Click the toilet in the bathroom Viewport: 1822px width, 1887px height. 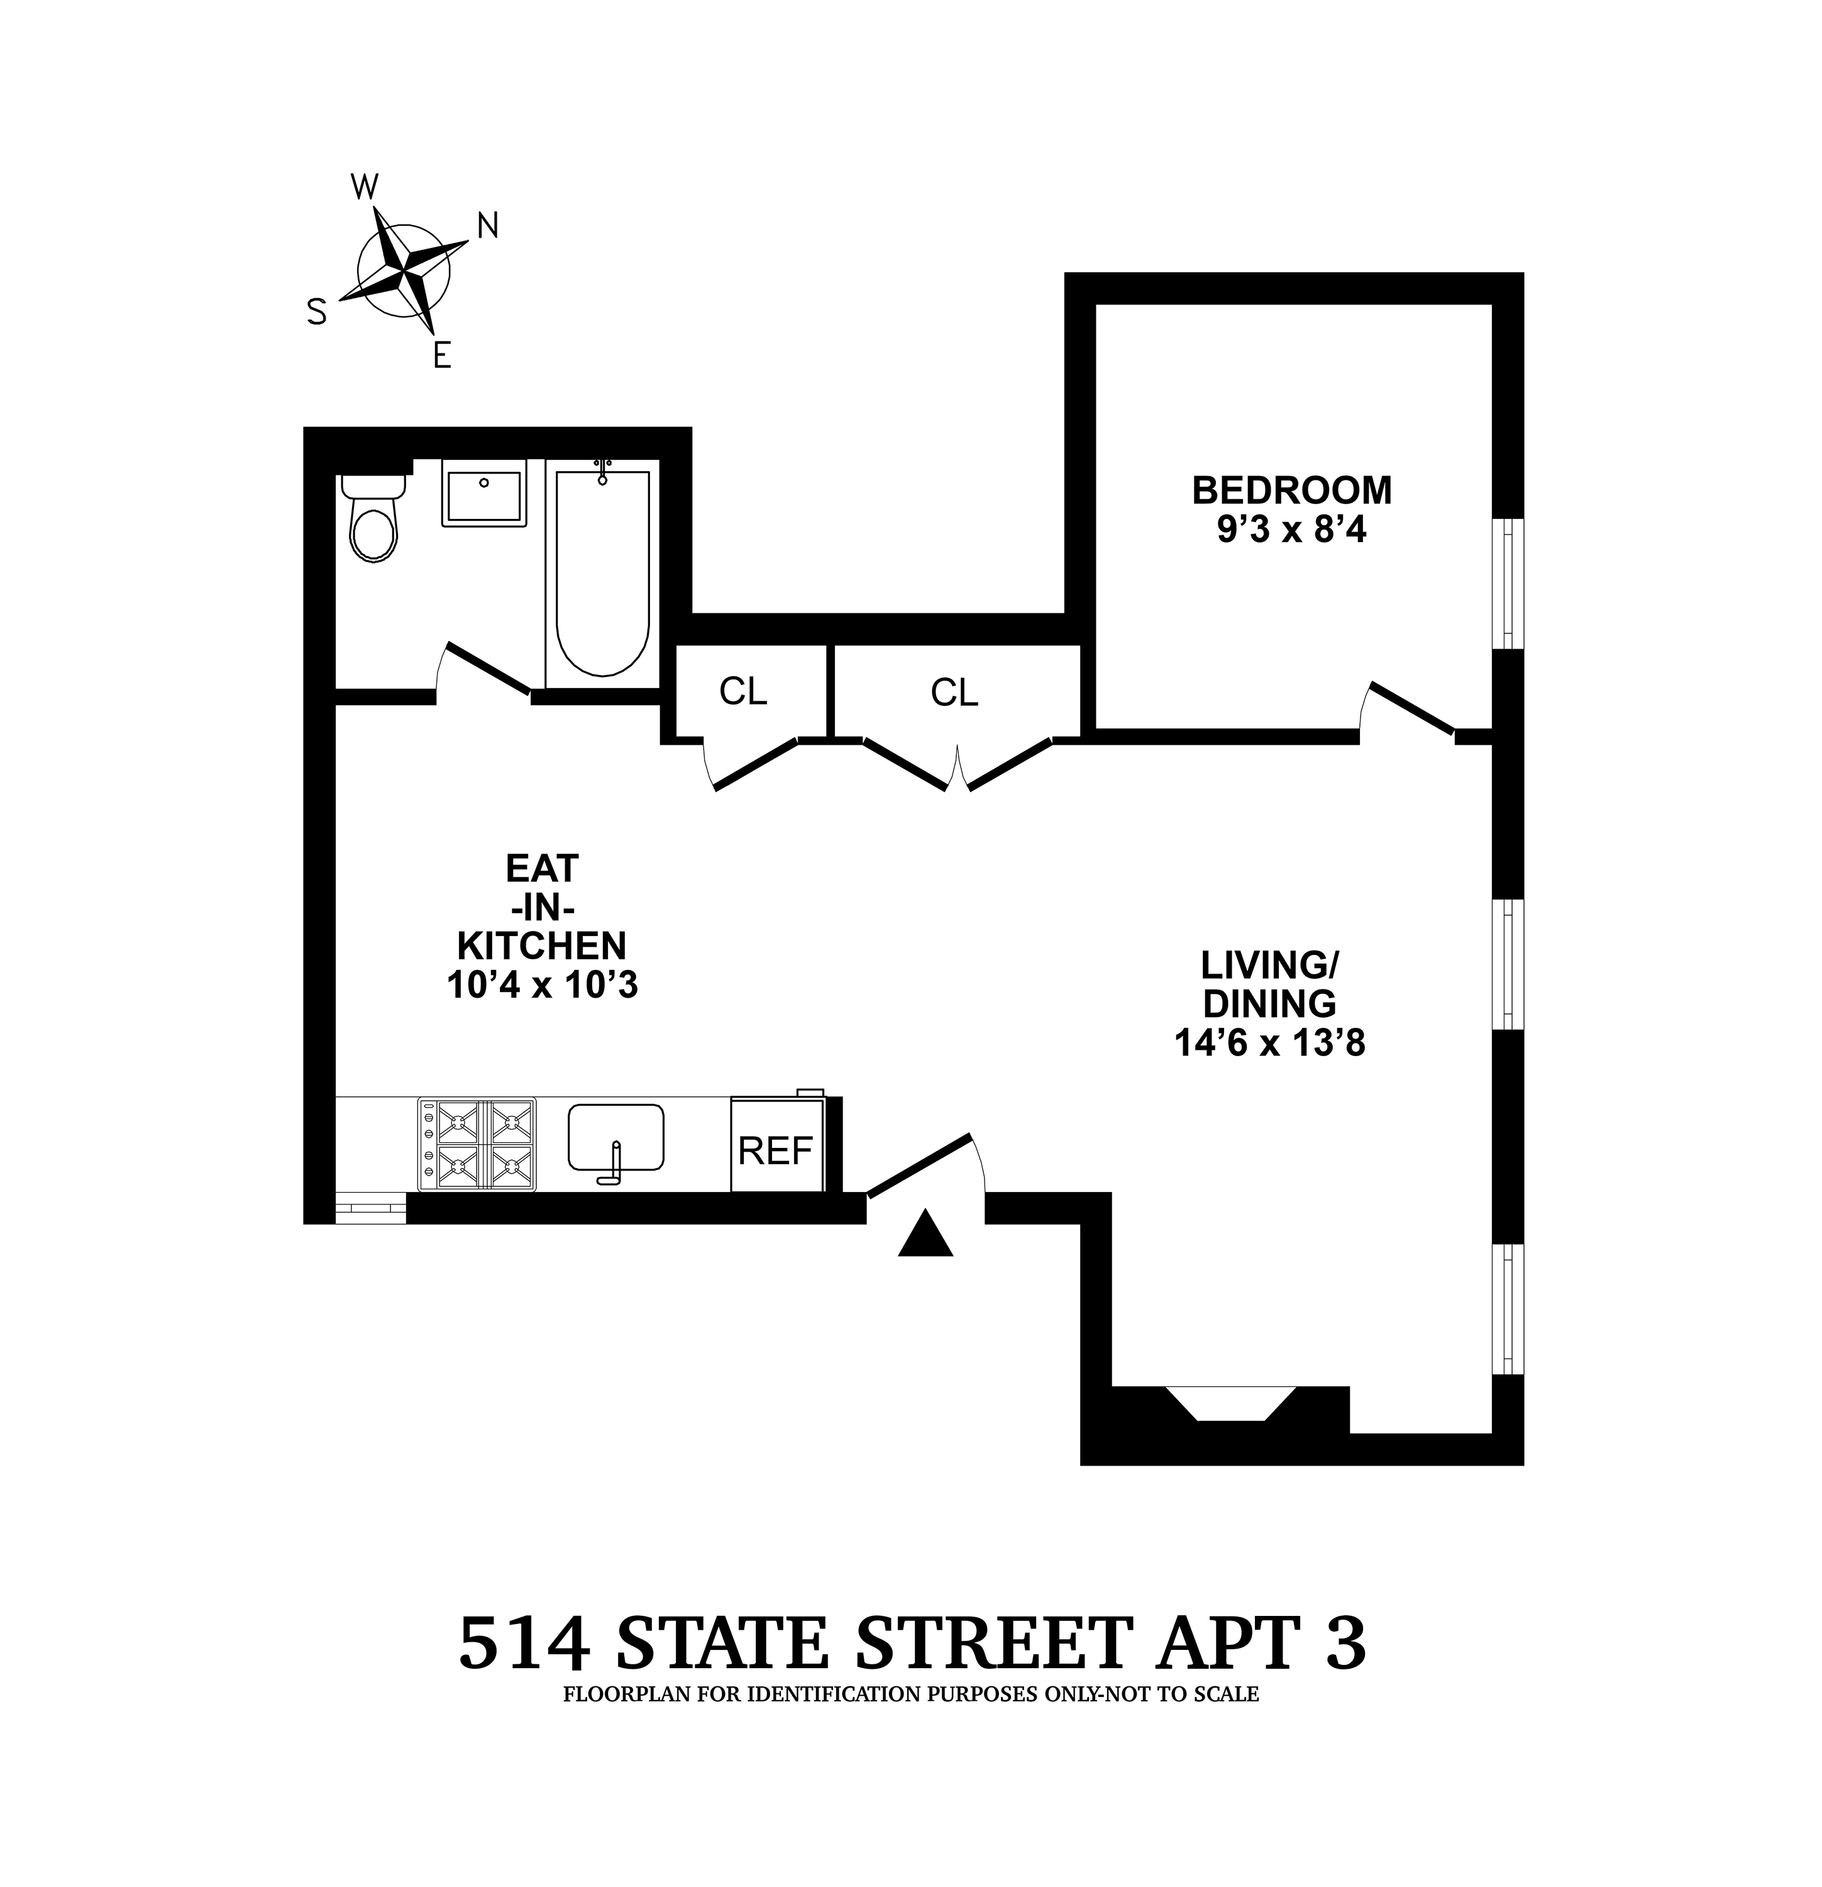[372, 525]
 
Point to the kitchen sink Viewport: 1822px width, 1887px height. [616, 1139]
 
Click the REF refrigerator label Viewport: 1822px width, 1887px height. [776, 1150]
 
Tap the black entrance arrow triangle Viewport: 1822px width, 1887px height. [925, 1235]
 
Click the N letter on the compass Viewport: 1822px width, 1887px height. [488, 225]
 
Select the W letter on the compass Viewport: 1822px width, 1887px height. [365, 187]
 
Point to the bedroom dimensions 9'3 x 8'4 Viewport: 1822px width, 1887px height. [1291, 530]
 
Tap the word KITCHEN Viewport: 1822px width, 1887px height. [542, 947]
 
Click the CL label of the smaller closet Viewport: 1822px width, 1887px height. [743, 691]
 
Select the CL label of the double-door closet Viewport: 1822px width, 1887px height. [954, 693]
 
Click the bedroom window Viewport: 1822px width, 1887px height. [1507, 584]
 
